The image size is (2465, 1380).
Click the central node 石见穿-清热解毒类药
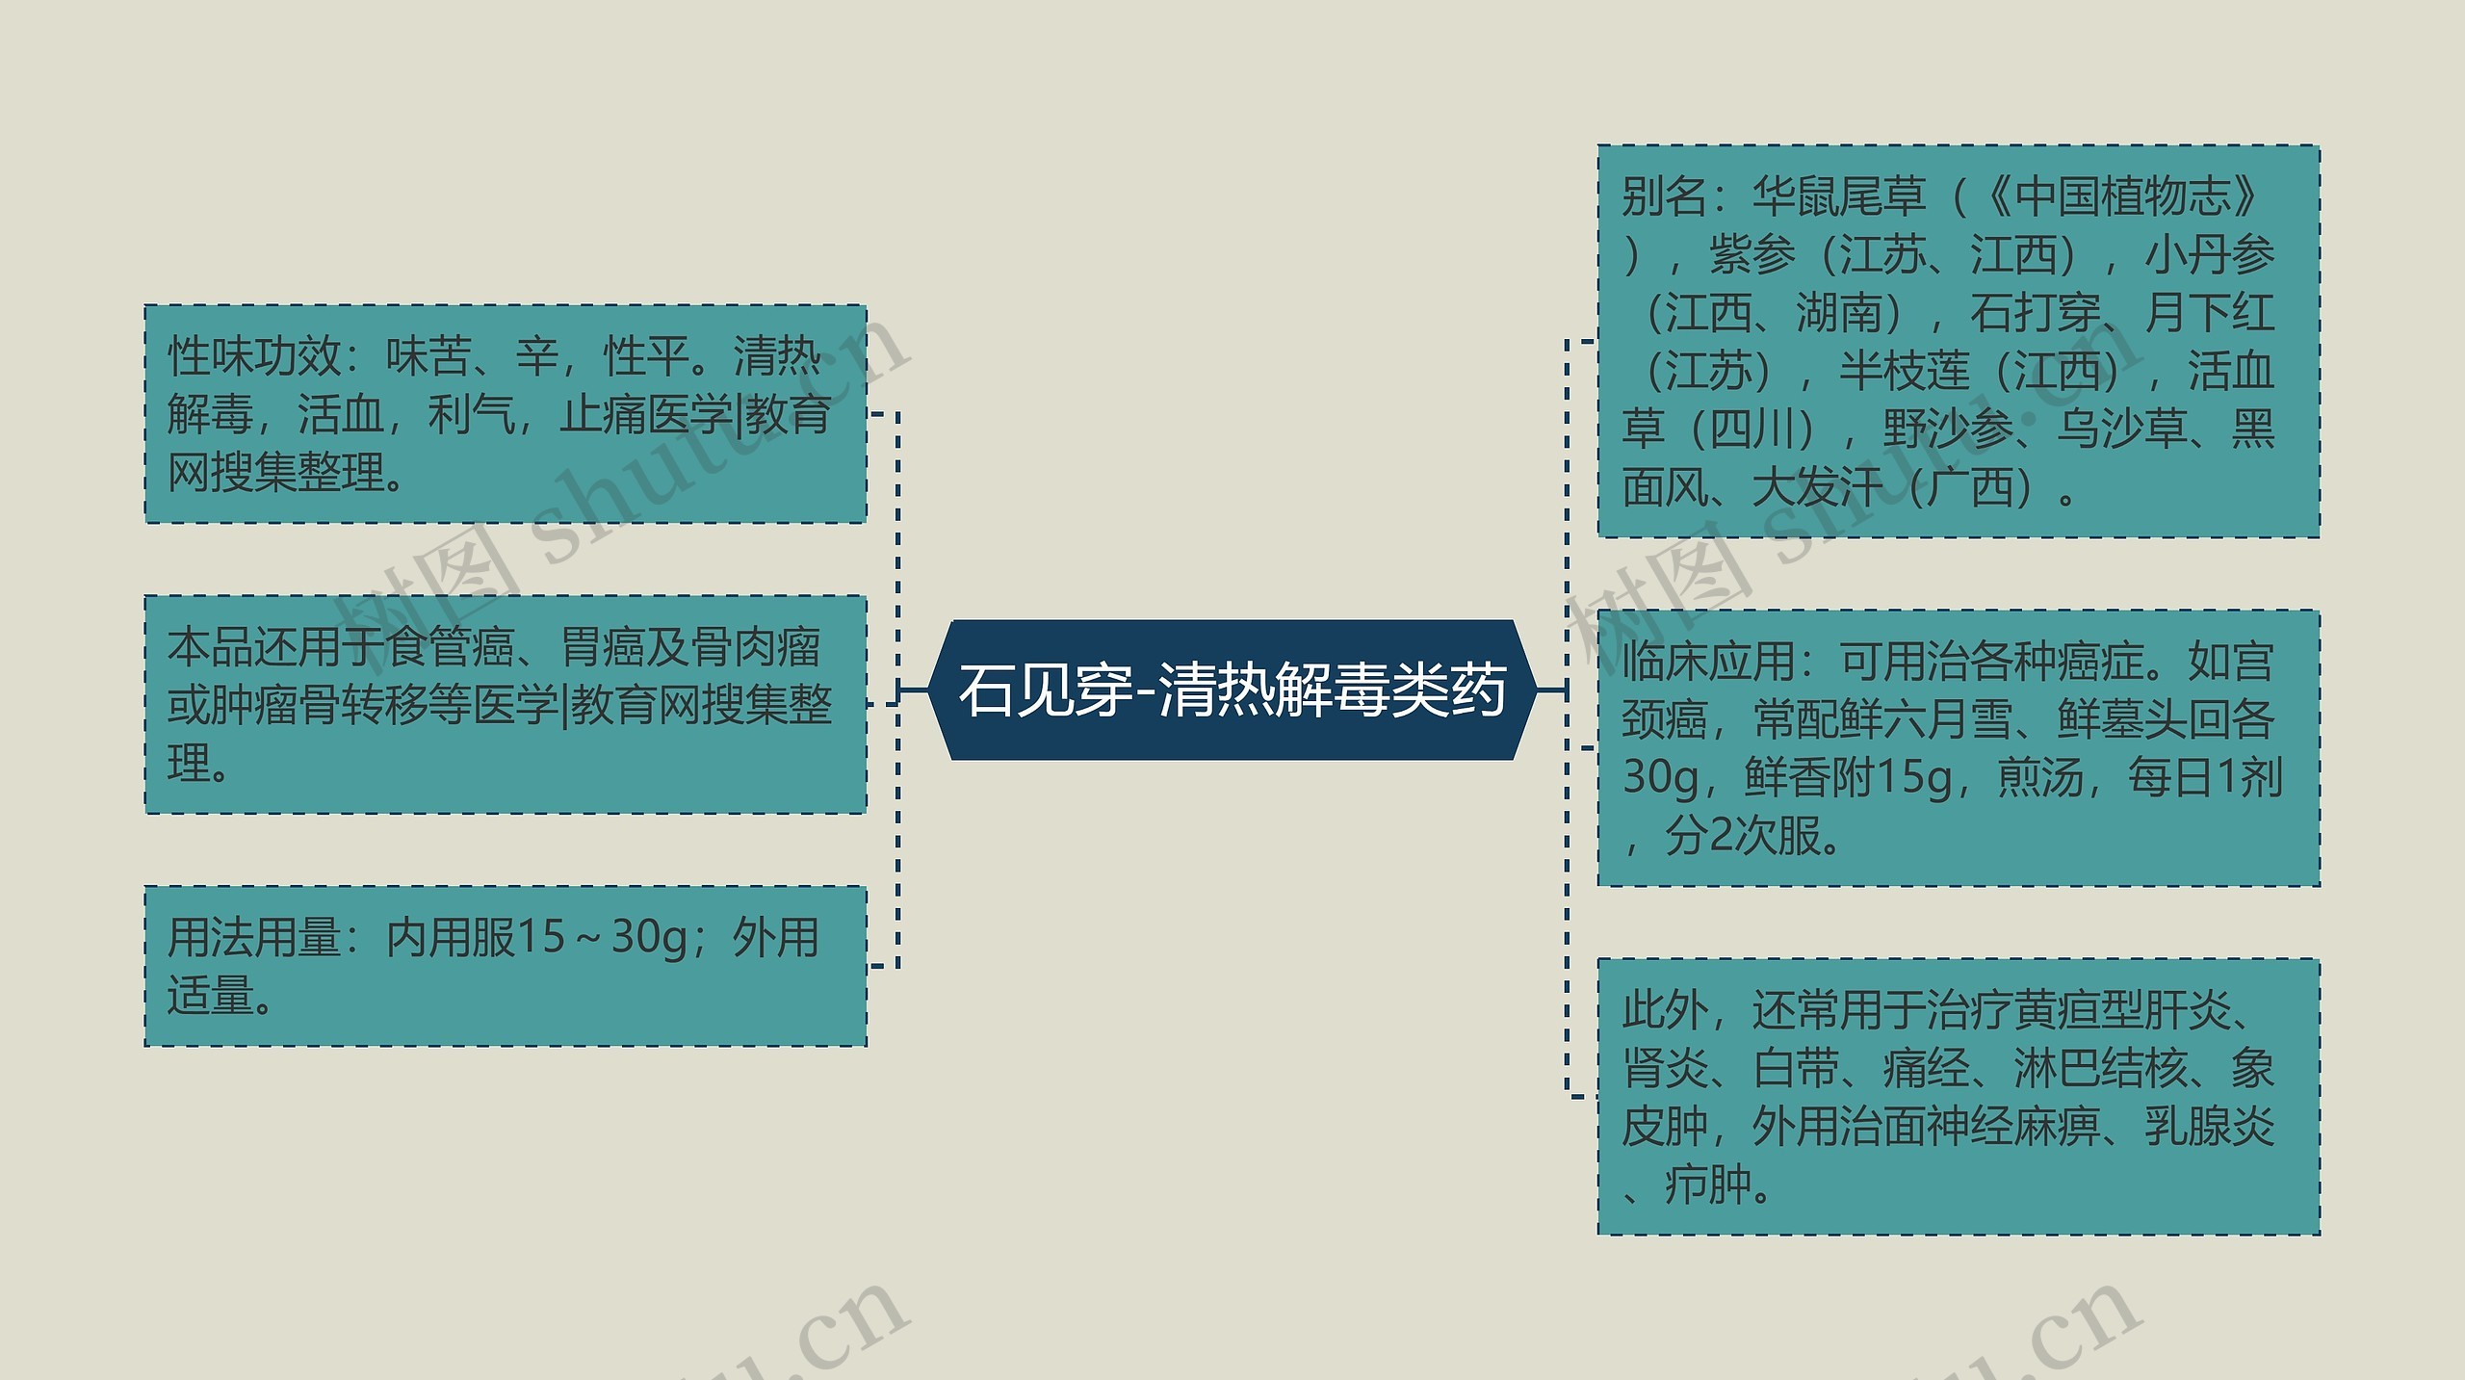[x=1232, y=690]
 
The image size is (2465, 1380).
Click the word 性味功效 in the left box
[x=254, y=357]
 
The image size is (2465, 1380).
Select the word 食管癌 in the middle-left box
[x=451, y=648]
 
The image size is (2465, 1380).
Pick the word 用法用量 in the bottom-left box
[x=254, y=937]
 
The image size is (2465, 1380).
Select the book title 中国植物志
[x=2122, y=197]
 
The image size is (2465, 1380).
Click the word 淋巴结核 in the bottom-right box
[x=2099, y=1068]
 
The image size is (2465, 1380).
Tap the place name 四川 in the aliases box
[x=1751, y=430]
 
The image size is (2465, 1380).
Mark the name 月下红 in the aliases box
[x=2209, y=314]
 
